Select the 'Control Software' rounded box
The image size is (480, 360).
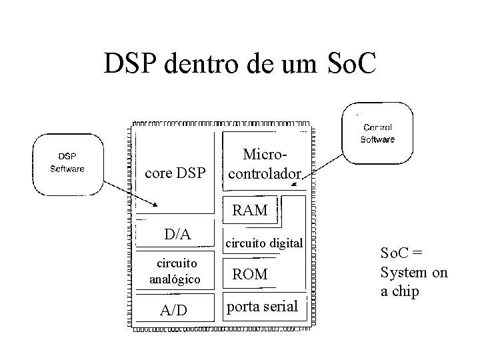(x=377, y=133)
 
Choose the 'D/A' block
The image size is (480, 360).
(x=177, y=235)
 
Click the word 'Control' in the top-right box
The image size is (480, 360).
(x=377, y=127)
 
